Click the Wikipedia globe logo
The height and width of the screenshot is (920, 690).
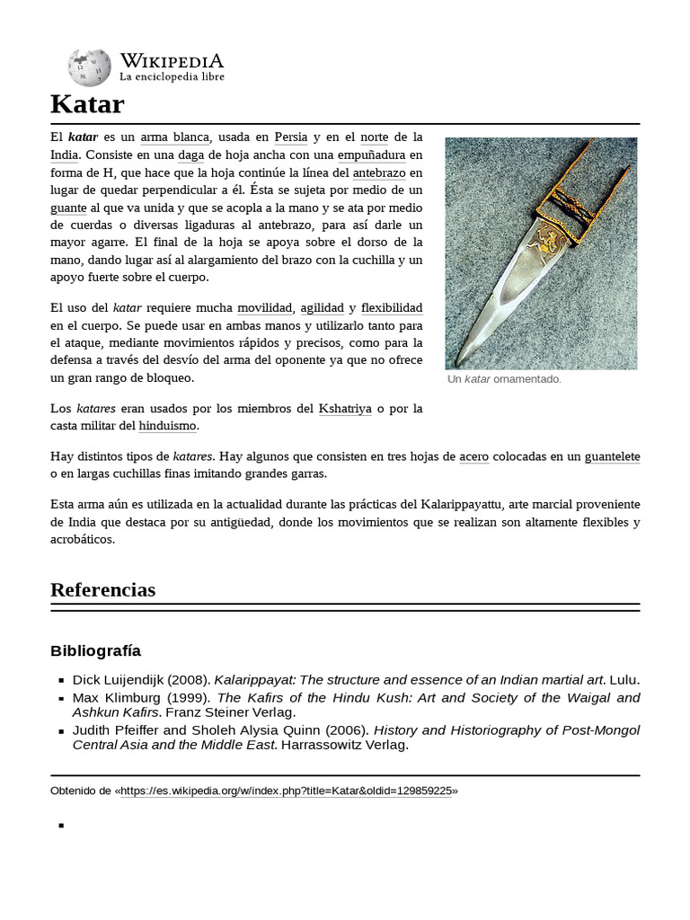pos(89,68)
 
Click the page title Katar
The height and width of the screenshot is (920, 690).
pos(87,104)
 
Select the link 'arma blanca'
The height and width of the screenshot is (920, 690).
pos(175,137)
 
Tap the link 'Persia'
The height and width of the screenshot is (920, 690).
pos(291,137)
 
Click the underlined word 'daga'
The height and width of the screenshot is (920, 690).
pos(191,155)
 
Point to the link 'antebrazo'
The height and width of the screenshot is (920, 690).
pos(379,172)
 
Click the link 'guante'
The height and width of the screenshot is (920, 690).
pos(69,208)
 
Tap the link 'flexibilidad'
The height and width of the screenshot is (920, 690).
pos(392,308)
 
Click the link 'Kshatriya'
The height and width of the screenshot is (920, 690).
pos(345,409)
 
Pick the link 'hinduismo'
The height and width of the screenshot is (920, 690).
pos(168,426)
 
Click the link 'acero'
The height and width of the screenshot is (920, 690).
pos(473,456)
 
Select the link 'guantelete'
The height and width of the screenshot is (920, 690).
pos(612,456)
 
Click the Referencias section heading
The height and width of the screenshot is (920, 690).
pos(102,590)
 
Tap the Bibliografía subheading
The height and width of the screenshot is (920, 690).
pos(96,650)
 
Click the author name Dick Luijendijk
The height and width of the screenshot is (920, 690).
pos(116,680)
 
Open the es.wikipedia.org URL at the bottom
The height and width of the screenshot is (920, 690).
pos(286,791)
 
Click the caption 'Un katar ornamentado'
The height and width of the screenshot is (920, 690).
pos(504,379)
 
